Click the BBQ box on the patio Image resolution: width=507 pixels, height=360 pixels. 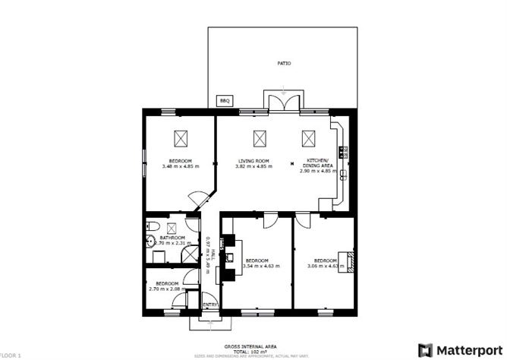pyautogui.click(x=224, y=100)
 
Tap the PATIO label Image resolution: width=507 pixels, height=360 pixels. pyautogui.click(x=283, y=63)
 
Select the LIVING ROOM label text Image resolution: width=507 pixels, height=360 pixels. pyautogui.click(x=253, y=161)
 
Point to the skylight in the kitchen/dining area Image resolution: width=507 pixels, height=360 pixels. pyautogui.click(x=308, y=138)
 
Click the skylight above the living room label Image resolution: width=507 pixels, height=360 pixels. pyautogui.click(x=260, y=138)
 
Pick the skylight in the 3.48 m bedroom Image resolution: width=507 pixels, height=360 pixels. pyautogui.click(x=181, y=138)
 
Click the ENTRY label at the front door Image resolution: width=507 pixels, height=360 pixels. pyautogui.click(x=209, y=305)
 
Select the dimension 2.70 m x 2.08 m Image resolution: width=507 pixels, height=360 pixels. pyautogui.click(x=167, y=289)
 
